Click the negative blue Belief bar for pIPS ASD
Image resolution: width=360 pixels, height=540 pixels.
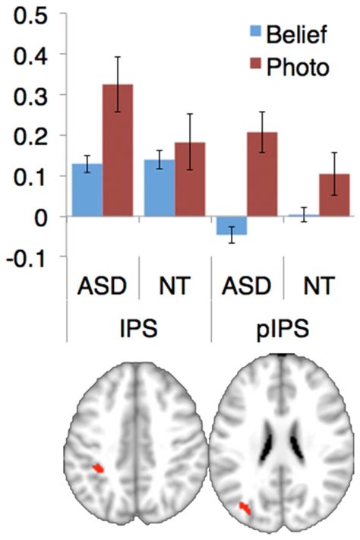coord(231,226)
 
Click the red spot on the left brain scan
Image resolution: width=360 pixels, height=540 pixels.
coord(98,469)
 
